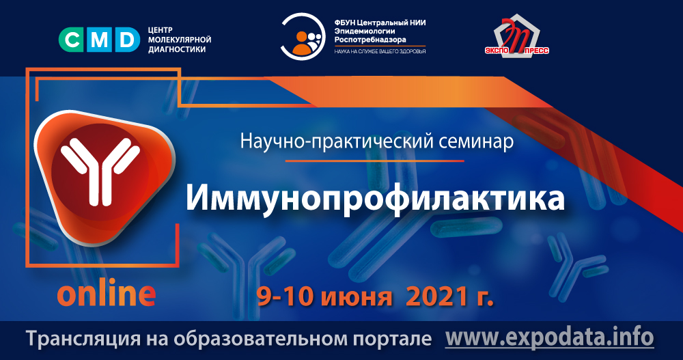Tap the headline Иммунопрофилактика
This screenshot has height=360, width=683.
[376, 197]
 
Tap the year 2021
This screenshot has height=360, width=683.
[437, 296]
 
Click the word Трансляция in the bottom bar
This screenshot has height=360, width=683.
[70, 339]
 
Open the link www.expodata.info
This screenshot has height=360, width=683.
[549, 337]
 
